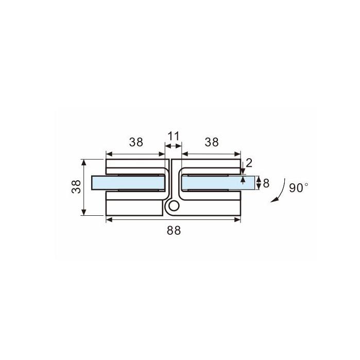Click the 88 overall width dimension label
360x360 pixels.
(174, 230)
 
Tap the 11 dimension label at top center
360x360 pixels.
(174, 136)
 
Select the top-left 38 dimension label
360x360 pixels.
(136, 142)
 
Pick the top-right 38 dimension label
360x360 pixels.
(212, 142)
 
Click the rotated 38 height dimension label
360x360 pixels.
(76, 186)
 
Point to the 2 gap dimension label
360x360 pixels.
(249, 163)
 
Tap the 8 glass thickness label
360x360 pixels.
(266, 183)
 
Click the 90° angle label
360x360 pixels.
(299, 188)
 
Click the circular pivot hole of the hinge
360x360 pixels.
(174, 206)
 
